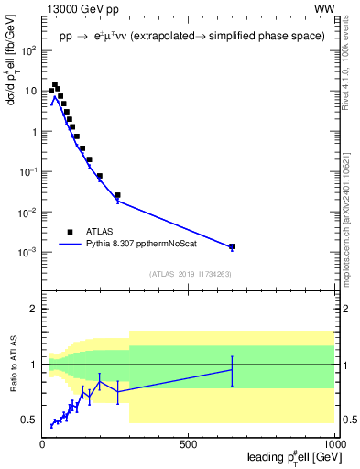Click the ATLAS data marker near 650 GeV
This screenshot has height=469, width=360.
click(232, 246)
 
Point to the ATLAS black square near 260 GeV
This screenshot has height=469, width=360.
click(117, 195)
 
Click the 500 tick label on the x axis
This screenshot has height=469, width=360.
click(189, 444)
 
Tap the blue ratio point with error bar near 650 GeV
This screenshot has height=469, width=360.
click(232, 370)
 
